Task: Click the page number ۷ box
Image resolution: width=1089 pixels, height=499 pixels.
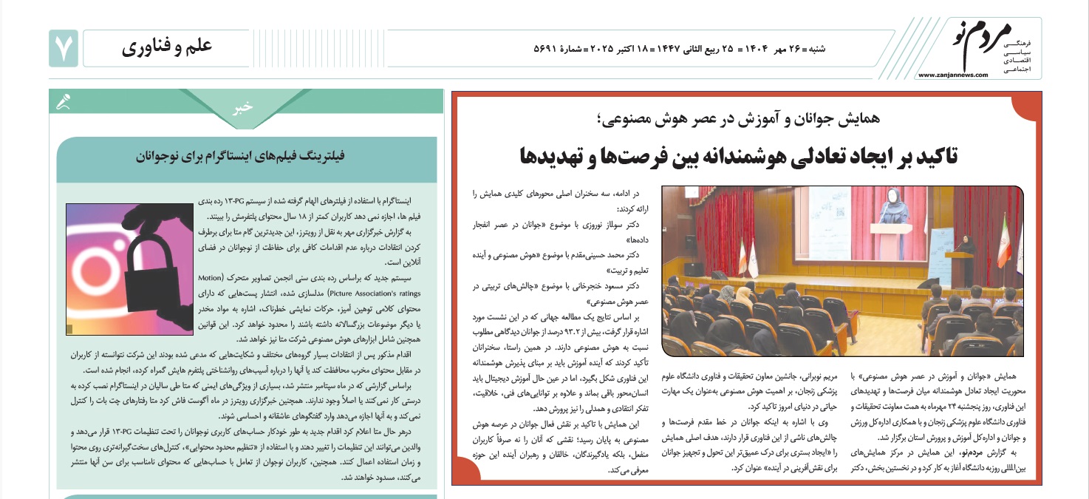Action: pos(62,48)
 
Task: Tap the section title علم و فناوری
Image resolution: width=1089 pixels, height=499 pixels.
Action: pos(168,47)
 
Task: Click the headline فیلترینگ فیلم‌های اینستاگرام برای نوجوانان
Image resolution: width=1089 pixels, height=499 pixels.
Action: pos(245,157)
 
